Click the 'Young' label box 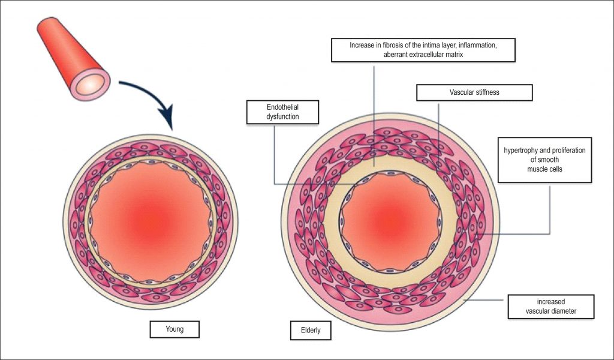click(x=174, y=329)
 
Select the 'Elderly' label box click(x=309, y=330)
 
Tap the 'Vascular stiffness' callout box click(x=474, y=92)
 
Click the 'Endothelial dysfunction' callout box click(x=282, y=112)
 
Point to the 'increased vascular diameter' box click(x=550, y=307)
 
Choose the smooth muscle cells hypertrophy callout click(x=549, y=159)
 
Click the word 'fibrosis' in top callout click(x=405, y=45)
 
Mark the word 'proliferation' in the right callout click(x=567, y=149)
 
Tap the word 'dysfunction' click(x=282, y=117)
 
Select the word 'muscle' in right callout click(x=549, y=169)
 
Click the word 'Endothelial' click(x=282, y=107)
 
